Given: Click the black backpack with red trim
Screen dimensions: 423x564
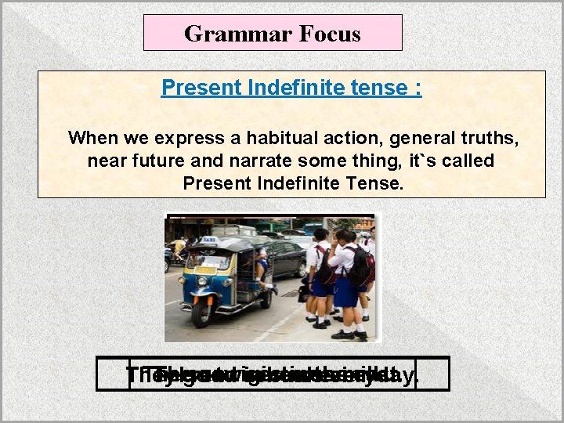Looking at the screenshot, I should click(x=360, y=266).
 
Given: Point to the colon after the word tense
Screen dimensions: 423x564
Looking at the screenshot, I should click(x=419, y=89).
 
